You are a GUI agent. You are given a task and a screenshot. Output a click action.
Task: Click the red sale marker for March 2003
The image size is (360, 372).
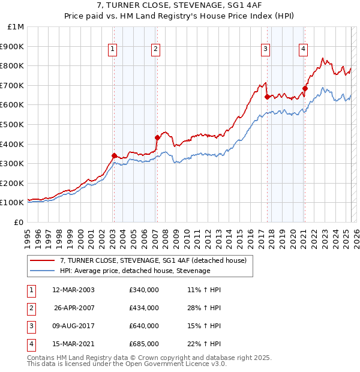(114, 155)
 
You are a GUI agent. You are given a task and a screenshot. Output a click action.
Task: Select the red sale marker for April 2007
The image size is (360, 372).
(157, 137)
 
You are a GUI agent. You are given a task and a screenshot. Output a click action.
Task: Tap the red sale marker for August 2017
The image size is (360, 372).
(267, 97)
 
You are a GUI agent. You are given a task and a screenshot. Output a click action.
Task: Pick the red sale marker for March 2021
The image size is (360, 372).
(305, 88)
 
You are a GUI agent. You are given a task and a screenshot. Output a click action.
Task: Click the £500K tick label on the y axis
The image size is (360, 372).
(12, 124)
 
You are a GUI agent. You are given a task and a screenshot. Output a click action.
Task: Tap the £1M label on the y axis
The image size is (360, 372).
(16, 26)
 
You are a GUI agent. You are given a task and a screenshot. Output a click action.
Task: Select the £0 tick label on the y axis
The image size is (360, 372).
(19, 222)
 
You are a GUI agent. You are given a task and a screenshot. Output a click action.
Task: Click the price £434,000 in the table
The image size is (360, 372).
(144, 308)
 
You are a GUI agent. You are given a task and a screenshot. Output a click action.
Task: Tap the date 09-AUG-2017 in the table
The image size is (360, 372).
(73, 326)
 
